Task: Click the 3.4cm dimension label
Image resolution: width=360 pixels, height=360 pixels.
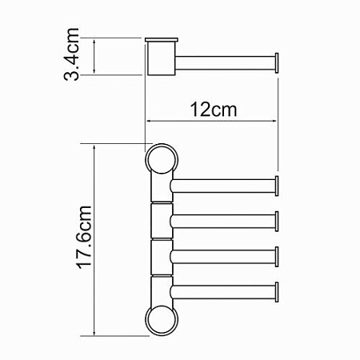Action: pos(71,54)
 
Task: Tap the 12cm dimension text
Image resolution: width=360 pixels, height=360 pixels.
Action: pos(214,110)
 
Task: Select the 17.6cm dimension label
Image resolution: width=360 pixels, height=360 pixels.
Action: pos(85,237)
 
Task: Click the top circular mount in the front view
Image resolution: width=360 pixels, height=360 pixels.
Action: pos(162,160)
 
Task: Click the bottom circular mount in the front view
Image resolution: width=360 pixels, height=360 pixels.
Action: pos(162,320)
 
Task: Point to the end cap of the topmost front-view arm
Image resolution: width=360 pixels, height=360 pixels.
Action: pos(277,186)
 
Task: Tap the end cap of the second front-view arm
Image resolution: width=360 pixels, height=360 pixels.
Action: pos(277,221)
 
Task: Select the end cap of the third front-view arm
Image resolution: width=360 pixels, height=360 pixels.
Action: pos(277,257)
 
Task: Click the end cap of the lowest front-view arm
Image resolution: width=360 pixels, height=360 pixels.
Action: pos(277,292)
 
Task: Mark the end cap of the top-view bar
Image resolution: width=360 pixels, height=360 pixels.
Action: pos(277,63)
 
